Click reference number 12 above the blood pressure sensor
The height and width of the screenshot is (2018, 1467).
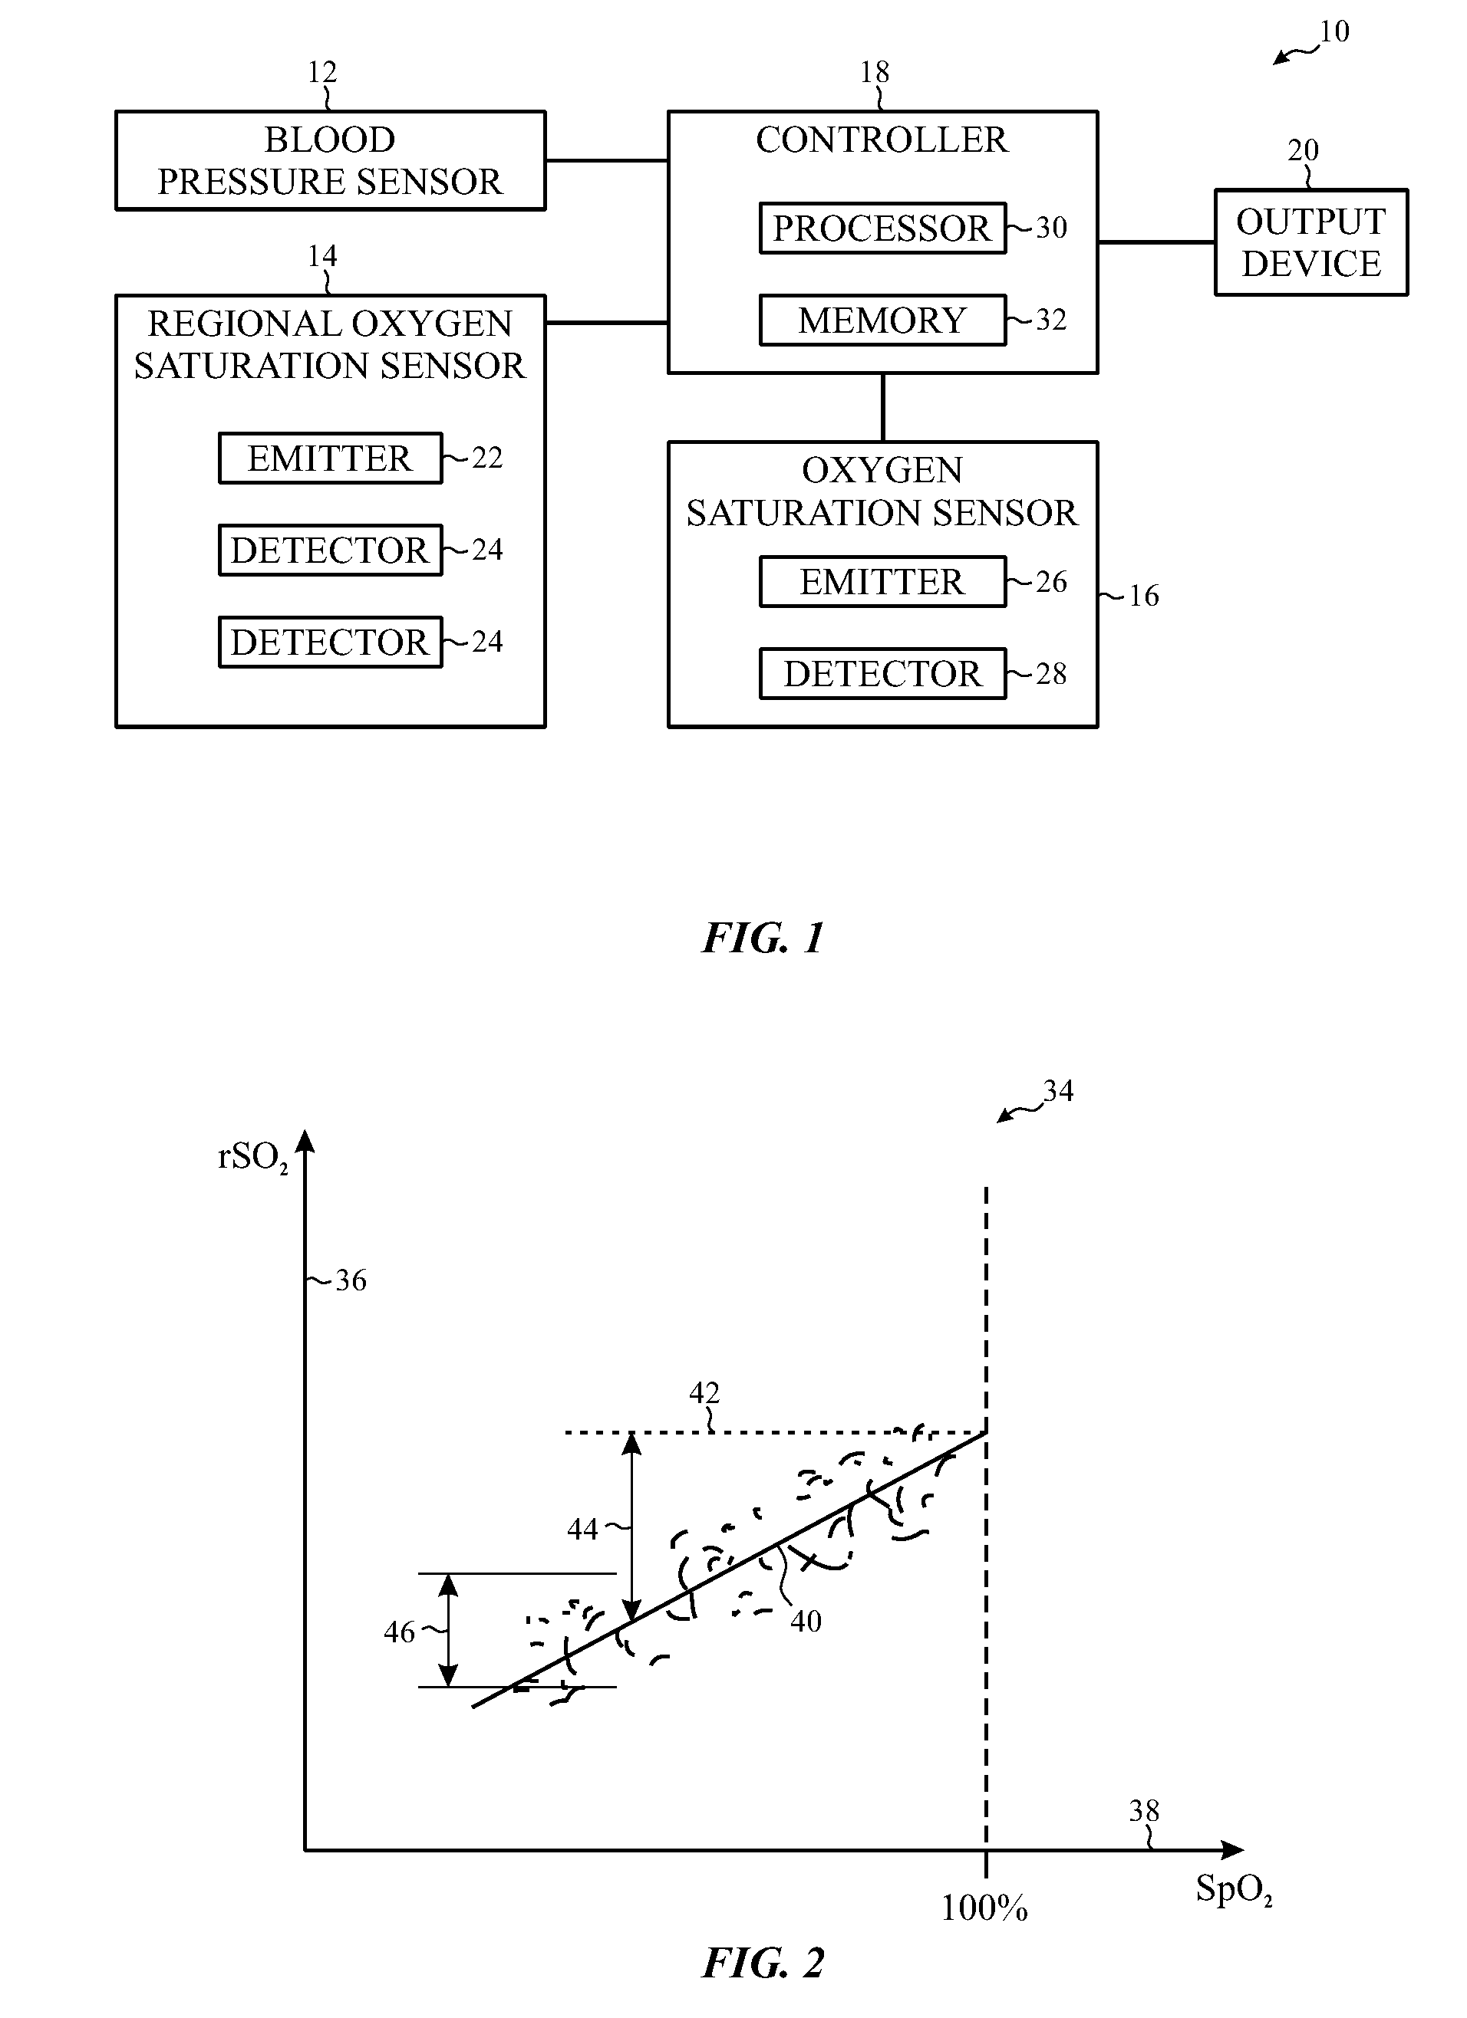click(x=322, y=72)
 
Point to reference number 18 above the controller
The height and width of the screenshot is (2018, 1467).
click(x=874, y=72)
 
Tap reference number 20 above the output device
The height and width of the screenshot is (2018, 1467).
click(x=1304, y=150)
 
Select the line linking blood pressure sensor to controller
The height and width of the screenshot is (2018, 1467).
click(x=607, y=161)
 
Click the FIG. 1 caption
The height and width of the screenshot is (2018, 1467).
click(x=763, y=938)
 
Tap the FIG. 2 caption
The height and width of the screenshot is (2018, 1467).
click(x=763, y=1963)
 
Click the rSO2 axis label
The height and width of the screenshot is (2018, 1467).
click(x=252, y=1158)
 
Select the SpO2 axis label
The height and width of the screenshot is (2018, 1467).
click(x=1234, y=1888)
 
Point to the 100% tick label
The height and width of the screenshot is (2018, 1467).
click(x=984, y=1908)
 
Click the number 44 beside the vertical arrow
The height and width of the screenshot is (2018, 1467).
click(x=583, y=1530)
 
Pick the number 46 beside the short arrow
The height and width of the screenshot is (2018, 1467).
click(x=400, y=1632)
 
